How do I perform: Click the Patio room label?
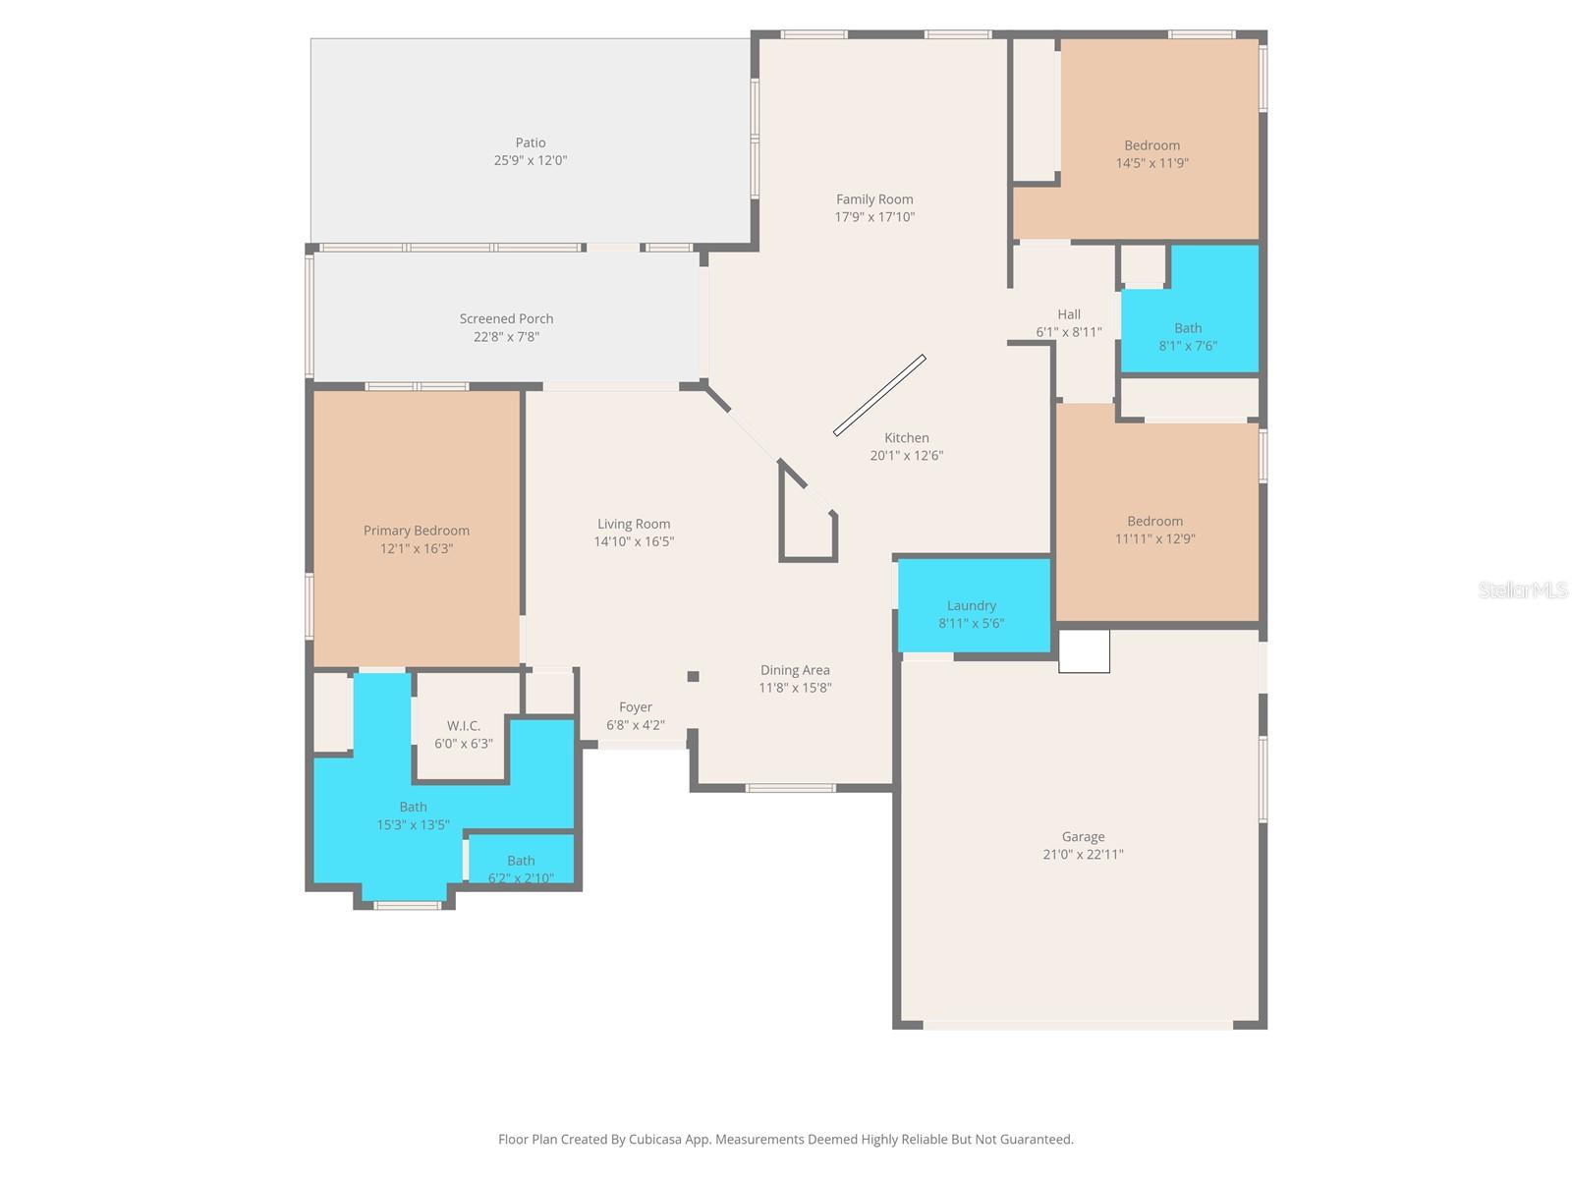pyautogui.click(x=531, y=143)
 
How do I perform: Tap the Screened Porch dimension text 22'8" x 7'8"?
pyautogui.click(x=506, y=337)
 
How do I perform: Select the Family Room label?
pyautogui.click(x=874, y=199)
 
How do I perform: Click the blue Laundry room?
pyautogui.click(x=973, y=605)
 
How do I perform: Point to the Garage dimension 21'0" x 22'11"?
pyautogui.click(x=1083, y=855)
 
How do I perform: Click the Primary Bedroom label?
pyautogui.click(x=417, y=532)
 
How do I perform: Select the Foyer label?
pyautogui.click(x=636, y=707)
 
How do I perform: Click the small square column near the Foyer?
pyautogui.click(x=693, y=676)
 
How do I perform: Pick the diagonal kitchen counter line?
pyautogui.click(x=879, y=395)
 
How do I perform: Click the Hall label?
pyautogui.click(x=1069, y=314)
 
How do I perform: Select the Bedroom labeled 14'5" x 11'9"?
pyautogui.click(x=1151, y=145)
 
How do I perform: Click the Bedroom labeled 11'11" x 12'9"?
pyautogui.click(x=1154, y=522)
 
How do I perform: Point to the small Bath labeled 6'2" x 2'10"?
pyautogui.click(x=521, y=862)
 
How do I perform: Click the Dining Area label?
pyautogui.click(x=795, y=671)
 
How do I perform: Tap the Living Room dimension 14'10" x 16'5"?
pyautogui.click(x=634, y=542)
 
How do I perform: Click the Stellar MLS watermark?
pyautogui.click(x=1522, y=589)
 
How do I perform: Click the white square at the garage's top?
pyautogui.click(x=1084, y=651)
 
